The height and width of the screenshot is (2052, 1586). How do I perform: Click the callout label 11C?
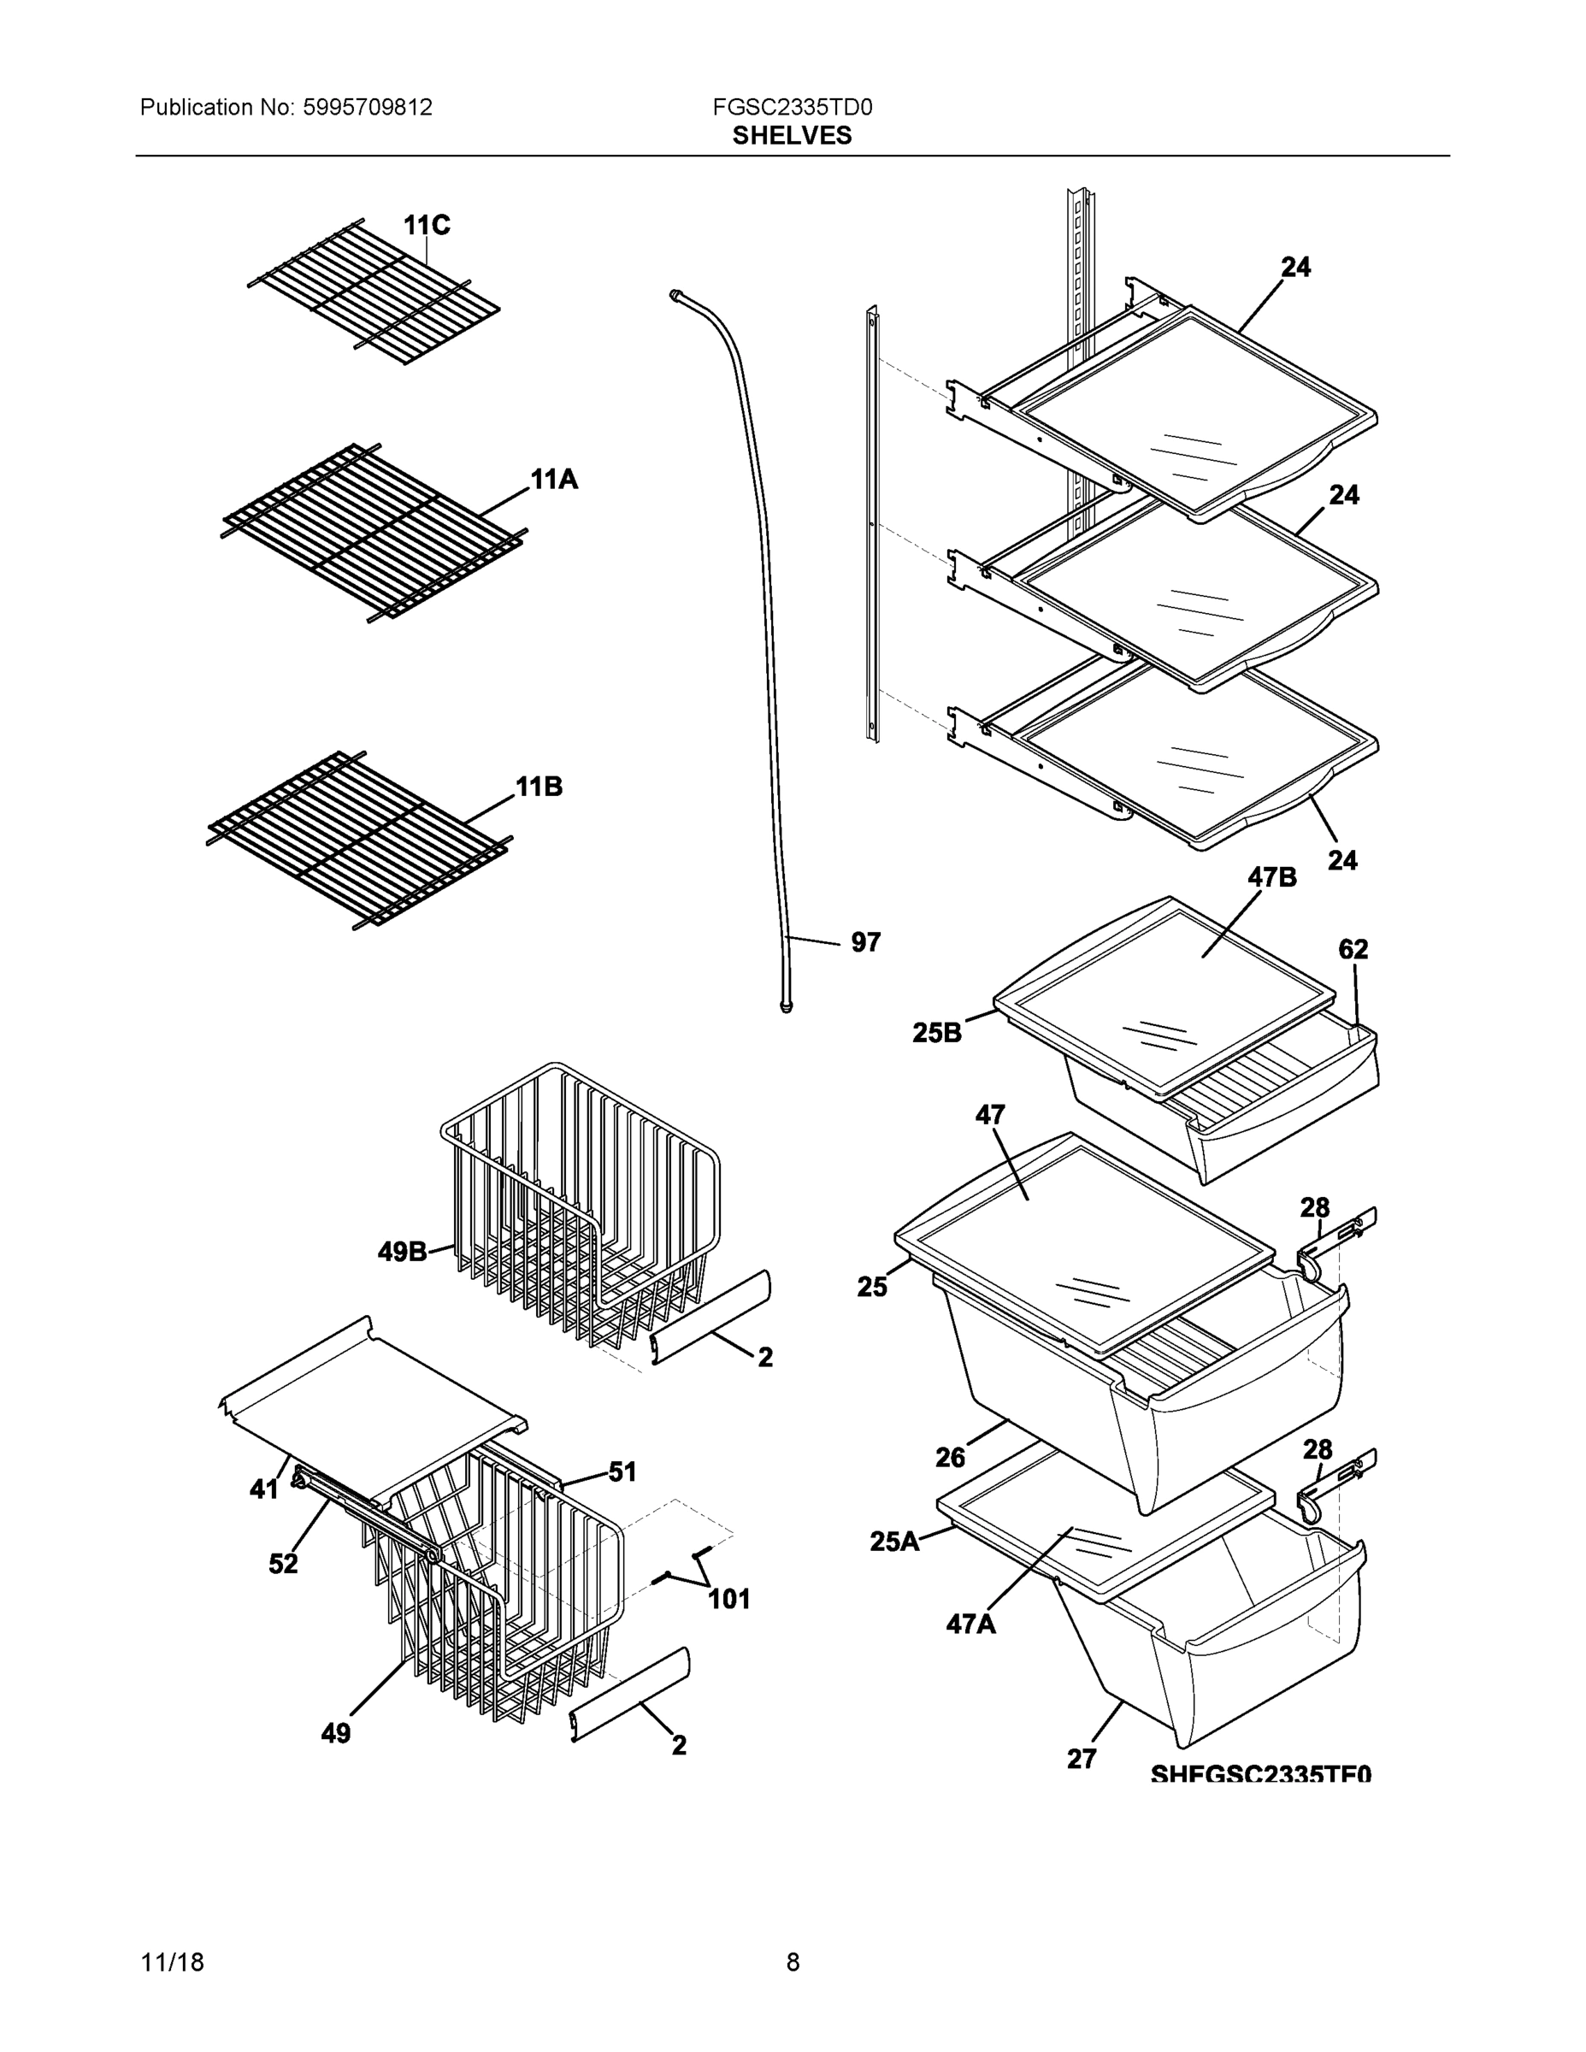[x=427, y=226]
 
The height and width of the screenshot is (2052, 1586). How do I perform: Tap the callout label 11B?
[x=539, y=787]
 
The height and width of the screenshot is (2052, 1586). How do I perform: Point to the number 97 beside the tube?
[x=865, y=942]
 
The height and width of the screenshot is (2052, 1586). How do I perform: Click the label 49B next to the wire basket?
[x=402, y=1252]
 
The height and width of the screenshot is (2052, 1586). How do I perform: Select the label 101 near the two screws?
[x=728, y=1599]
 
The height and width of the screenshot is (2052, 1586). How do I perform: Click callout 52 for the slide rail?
[x=283, y=1564]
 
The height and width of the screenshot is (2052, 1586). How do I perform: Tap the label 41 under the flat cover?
[x=264, y=1489]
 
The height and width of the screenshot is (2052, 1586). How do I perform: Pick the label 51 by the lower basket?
[x=622, y=1472]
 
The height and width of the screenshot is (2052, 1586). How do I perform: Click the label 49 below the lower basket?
[x=335, y=1733]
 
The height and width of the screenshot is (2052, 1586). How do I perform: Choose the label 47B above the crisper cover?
[x=1271, y=877]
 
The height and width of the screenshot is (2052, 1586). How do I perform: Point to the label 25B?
[x=937, y=1034]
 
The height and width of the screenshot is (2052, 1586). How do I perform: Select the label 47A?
[x=970, y=1624]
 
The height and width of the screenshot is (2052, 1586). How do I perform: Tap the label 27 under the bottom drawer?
[x=1082, y=1759]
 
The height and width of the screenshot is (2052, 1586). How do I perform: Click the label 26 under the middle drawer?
[x=950, y=1457]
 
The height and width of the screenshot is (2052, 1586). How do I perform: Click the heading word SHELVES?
[x=792, y=136]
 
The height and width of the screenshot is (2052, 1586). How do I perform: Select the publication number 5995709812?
[x=368, y=108]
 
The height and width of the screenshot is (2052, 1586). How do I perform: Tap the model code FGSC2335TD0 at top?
[x=792, y=108]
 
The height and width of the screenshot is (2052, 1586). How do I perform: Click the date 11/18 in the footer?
[x=172, y=1963]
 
